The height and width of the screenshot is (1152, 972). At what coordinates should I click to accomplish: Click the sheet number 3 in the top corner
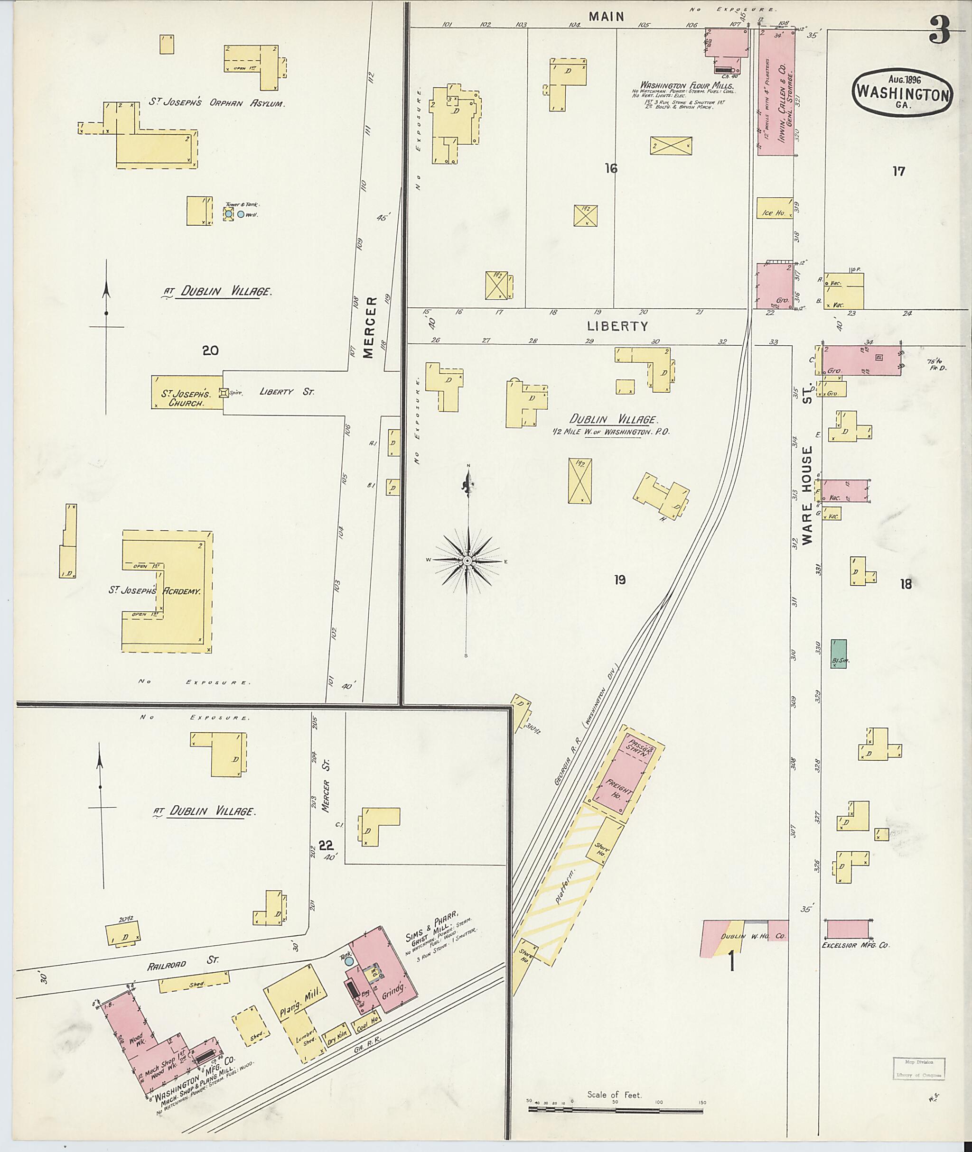click(x=940, y=30)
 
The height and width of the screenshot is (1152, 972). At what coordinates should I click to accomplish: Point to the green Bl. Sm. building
click(x=839, y=654)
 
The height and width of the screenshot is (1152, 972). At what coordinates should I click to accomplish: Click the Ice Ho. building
click(x=774, y=212)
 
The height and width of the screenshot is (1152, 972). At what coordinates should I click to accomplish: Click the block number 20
click(x=211, y=350)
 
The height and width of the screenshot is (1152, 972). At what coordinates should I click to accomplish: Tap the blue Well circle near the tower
click(x=241, y=214)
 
